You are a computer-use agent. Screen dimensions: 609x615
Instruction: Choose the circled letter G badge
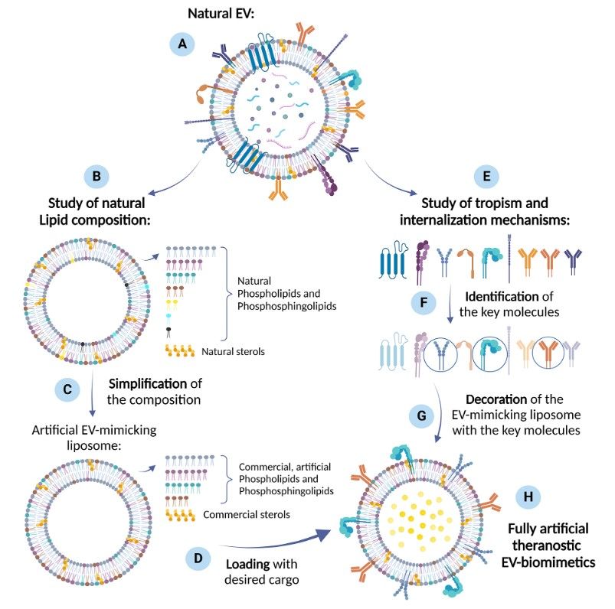pos(420,418)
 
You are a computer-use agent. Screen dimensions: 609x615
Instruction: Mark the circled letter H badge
pos(527,496)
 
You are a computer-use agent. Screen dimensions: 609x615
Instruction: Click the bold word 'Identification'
pos(503,295)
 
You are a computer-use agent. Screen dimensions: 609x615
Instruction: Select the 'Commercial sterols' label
pos(247,514)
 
